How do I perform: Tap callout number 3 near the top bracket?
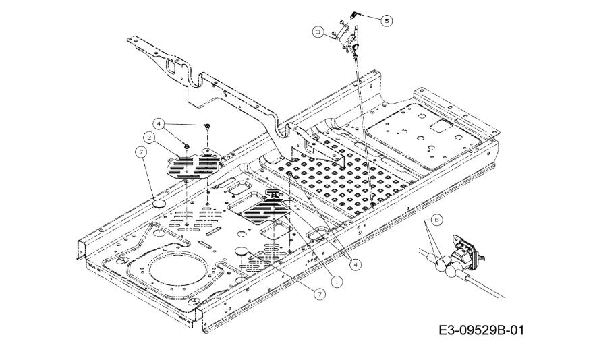pyautogui.click(x=317, y=31)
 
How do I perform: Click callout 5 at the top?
pyautogui.click(x=386, y=20)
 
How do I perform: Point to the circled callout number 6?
pyautogui.click(x=436, y=220)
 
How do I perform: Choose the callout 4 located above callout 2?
pyautogui.click(x=158, y=123)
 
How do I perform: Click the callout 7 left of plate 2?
pyautogui.click(x=141, y=153)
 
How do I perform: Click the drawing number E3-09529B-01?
pyautogui.click(x=480, y=331)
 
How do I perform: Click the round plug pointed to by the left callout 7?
pyautogui.click(x=159, y=203)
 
